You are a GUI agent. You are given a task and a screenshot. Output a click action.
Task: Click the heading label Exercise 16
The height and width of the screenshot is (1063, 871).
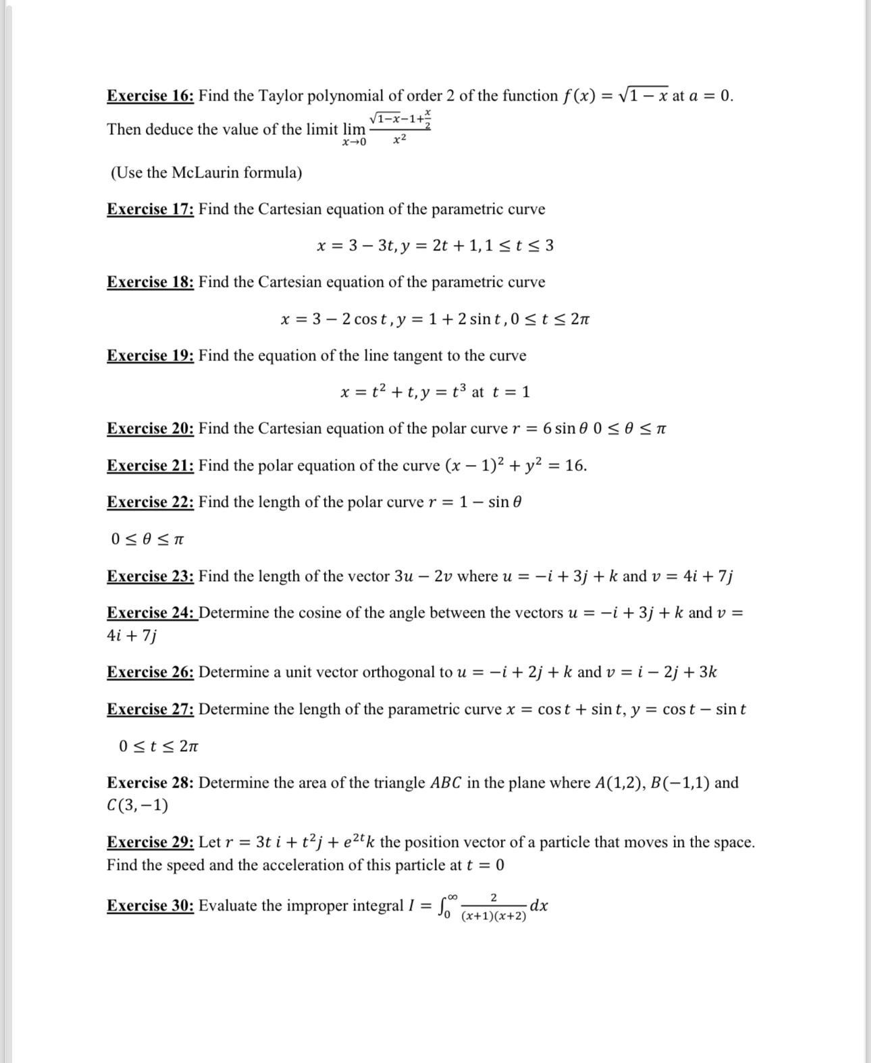(150, 96)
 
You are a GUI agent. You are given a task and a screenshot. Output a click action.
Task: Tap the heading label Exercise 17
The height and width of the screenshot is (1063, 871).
(150, 209)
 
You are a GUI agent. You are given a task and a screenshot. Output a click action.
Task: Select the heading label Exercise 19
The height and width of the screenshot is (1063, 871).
(150, 356)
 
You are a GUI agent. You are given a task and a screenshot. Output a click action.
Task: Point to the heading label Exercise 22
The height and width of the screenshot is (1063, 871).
(150, 502)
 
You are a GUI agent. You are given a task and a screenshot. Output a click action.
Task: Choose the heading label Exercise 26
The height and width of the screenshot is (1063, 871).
(150, 672)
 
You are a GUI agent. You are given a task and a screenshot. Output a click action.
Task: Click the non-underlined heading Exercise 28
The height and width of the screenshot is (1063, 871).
(150, 783)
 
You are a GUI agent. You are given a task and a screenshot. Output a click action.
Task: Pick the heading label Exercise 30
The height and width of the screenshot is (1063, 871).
(150, 906)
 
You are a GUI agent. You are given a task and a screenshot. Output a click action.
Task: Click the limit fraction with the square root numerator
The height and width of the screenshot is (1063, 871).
(400, 128)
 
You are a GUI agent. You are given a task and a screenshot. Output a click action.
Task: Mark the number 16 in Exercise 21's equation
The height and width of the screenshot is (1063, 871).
(575, 466)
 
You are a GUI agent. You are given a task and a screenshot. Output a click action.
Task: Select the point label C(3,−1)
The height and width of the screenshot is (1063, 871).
(137, 805)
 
